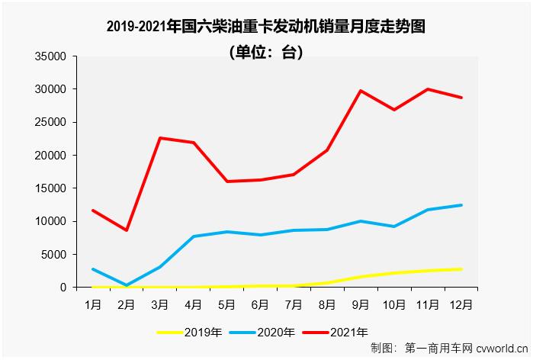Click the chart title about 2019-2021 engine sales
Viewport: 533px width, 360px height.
(x=265, y=27)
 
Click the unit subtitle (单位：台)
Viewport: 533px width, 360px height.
(x=265, y=53)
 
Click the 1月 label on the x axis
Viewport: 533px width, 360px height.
(x=93, y=303)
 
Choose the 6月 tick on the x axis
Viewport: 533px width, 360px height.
(x=260, y=303)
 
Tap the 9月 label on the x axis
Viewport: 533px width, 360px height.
(x=360, y=303)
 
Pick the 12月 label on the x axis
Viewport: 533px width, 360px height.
(x=461, y=303)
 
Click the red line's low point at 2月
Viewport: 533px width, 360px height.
(x=127, y=230)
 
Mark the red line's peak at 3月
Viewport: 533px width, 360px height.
(x=160, y=138)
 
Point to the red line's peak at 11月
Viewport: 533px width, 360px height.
(x=427, y=89)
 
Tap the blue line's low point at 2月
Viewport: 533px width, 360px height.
(x=127, y=285)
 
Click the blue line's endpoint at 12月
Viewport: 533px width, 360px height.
(x=461, y=205)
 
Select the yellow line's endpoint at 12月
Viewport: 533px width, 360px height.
(x=461, y=269)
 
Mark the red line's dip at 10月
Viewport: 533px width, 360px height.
(x=393, y=110)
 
